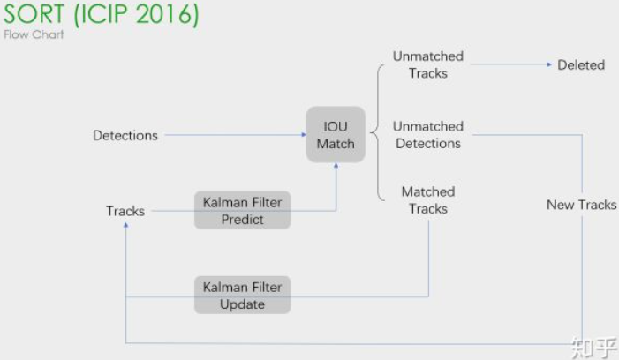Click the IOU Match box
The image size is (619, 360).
click(336, 135)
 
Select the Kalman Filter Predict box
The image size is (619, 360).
click(242, 211)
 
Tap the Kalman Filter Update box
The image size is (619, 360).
click(242, 296)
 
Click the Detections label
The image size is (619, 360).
click(125, 135)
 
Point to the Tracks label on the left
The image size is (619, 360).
click(125, 211)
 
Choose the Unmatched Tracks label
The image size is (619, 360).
click(428, 64)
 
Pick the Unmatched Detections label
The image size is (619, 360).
click(428, 135)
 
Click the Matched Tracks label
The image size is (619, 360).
click(428, 200)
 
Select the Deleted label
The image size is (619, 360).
click(581, 64)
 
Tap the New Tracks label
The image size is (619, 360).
click(581, 205)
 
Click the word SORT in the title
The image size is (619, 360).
click(34, 15)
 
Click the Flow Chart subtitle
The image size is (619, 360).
click(34, 34)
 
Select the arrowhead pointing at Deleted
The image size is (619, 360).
click(548, 64)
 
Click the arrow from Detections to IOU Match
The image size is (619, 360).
click(234, 135)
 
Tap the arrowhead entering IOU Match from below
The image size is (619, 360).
click(336, 167)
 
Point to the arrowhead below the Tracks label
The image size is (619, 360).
click(126, 226)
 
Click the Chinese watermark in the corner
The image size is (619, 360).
click(593, 344)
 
